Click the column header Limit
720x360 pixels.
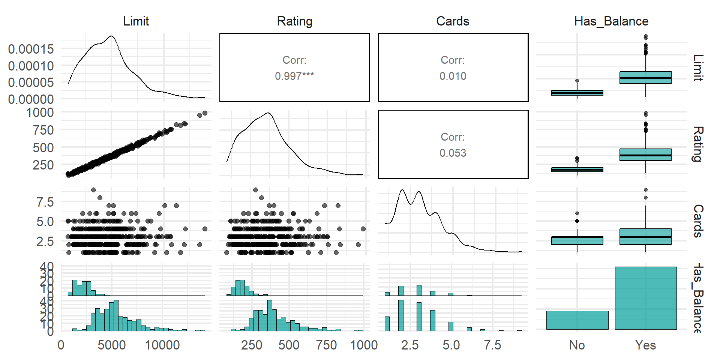tap(136, 21)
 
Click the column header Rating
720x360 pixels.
tap(294, 21)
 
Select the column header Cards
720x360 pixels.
tap(453, 21)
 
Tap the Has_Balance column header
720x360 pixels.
tap(611, 21)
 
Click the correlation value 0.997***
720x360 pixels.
tap(294, 76)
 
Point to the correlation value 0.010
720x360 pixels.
tap(453, 76)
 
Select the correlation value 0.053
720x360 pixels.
tap(453, 153)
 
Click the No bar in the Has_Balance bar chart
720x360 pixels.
tap(577, 320)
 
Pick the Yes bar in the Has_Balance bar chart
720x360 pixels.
tap(646, 298)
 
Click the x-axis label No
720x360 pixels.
tap(577, 345)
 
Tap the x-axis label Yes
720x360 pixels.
tap(645, 345)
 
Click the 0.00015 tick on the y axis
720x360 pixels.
tap(31, 49)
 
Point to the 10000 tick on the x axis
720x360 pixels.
tap(162, 345)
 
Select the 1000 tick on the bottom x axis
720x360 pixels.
tap(364, 345)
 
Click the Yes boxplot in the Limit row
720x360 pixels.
tap(645, 78)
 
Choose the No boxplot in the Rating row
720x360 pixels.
tap(577, 169)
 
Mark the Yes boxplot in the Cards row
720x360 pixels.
tap(645, 237)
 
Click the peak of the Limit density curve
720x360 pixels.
tap(111, 36)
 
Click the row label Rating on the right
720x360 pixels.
tap(697, 144)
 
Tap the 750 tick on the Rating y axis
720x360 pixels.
tap(43, 130)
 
